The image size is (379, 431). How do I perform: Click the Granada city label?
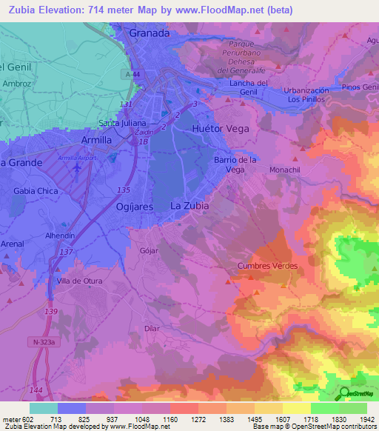[x=149, y=33]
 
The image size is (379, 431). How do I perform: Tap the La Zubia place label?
[x=189, y=205]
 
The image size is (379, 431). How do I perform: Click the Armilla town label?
[x=96, y=139]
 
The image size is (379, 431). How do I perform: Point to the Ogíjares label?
[x=134, y=207]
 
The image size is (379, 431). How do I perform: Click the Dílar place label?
[x=152, y=327]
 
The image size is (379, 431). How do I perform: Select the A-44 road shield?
[x=133, y=74]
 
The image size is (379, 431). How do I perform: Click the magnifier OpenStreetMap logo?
[x=345, y=394]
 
